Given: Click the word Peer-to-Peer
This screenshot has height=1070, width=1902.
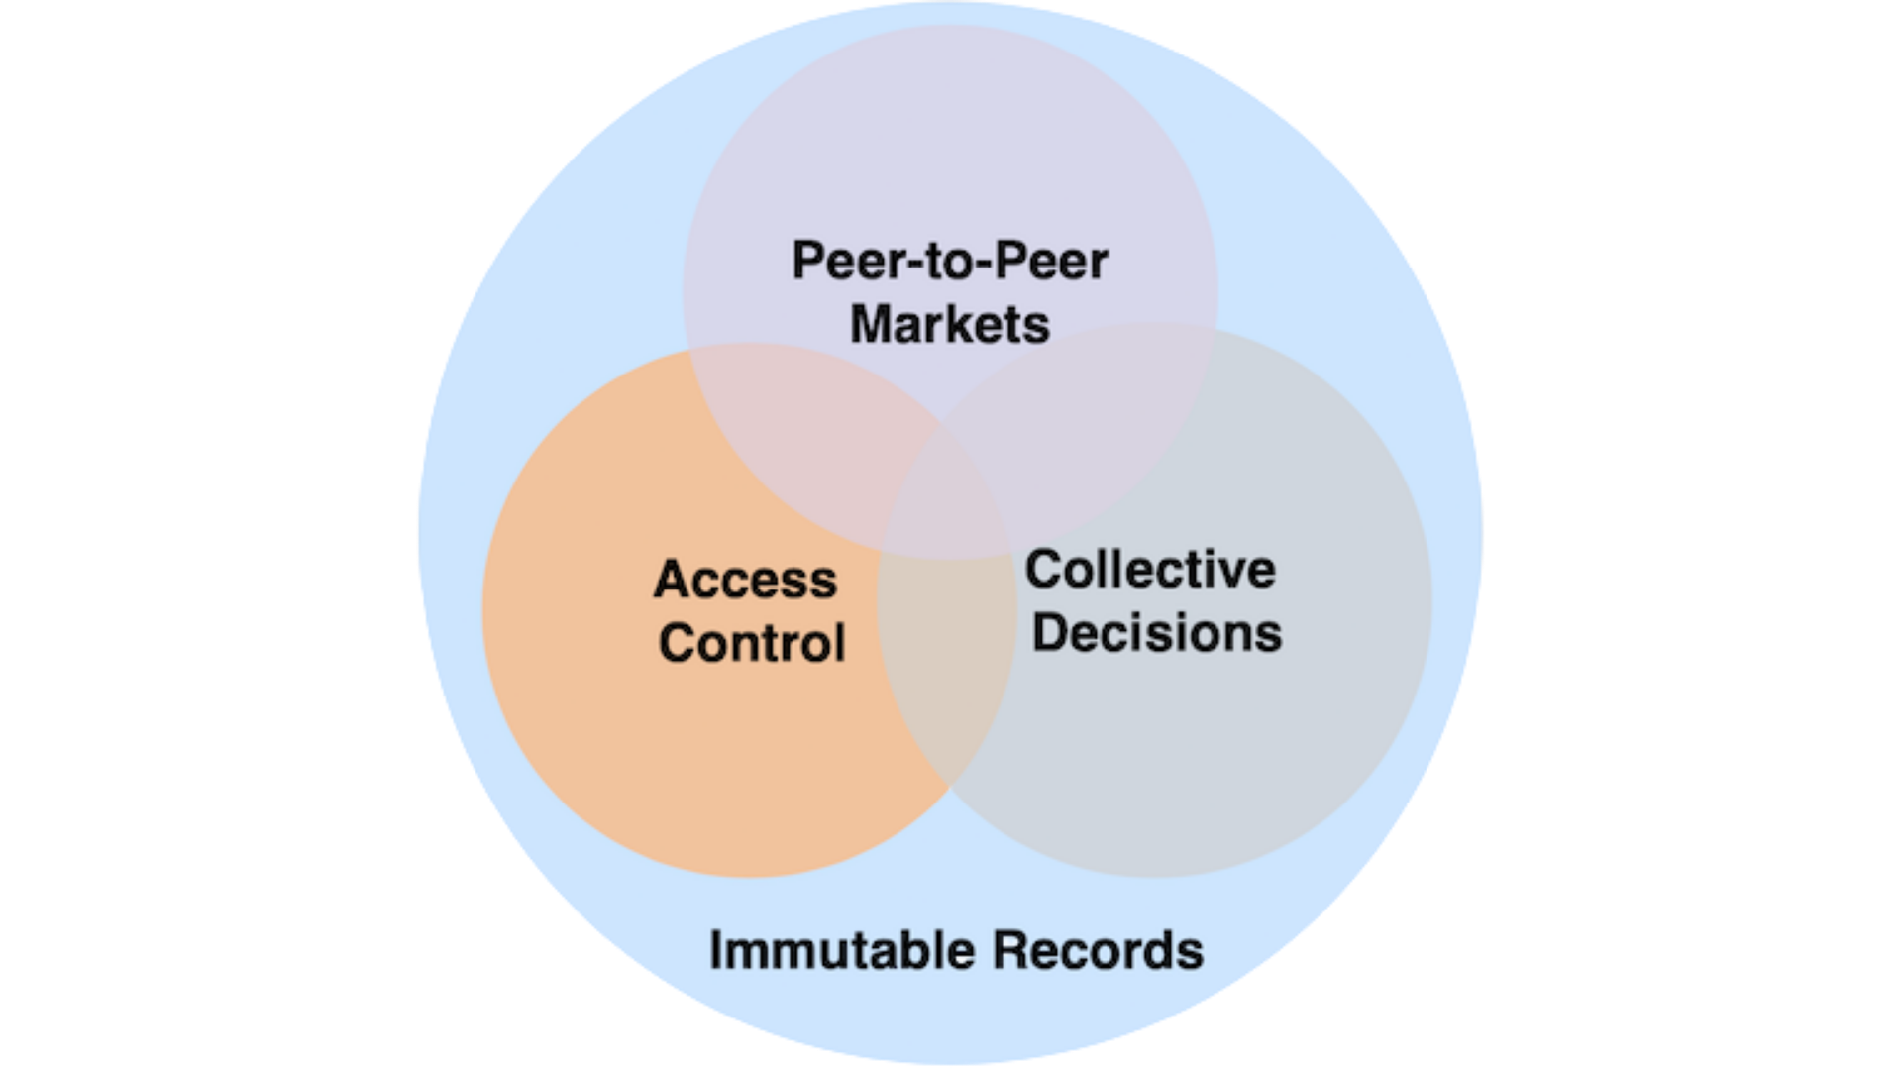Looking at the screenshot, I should tap(949, 262).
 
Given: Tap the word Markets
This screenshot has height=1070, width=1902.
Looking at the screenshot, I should tap(949, 325).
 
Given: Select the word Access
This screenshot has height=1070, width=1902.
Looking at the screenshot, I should tap(745, 580).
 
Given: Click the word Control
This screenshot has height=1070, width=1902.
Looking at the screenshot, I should tap(751, 643).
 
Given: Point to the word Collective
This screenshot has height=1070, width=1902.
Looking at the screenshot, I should tap(1150, 570).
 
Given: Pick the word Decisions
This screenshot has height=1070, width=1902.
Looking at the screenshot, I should tap(1156, 633).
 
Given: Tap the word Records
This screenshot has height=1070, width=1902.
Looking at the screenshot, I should tap(1098, 950).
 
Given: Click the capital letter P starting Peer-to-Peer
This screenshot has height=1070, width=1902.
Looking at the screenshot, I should tap(807, 262).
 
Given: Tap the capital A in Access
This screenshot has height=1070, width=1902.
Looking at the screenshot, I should tap(673, 580).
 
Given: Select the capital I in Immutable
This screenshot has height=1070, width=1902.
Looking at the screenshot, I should tap(716, 950).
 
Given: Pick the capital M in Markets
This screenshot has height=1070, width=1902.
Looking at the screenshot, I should tap(872, 325).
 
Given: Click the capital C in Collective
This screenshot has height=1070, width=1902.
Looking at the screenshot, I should tap(1046, 570).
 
